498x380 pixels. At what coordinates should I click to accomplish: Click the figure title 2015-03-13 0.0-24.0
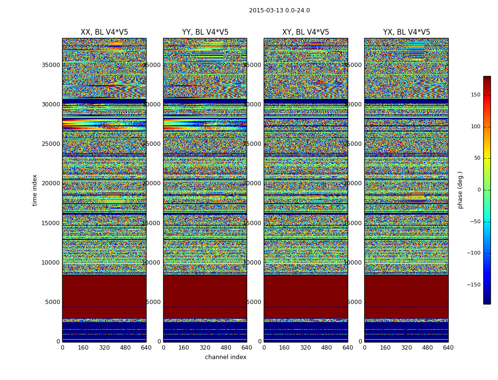pos(279,10)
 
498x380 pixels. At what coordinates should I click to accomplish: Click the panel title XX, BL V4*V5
pos(104,32)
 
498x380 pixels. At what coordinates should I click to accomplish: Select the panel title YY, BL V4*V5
pos(205,32)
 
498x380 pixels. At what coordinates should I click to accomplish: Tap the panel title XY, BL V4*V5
pos(305,32)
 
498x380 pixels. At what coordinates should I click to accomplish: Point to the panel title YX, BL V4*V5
pos(406,32)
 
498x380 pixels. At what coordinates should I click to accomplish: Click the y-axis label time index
pos(35,190)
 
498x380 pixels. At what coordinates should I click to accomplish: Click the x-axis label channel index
pos(225,357)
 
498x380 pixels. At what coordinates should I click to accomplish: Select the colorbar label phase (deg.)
pos(460,190)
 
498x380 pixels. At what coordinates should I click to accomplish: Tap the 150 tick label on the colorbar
pos(475,95)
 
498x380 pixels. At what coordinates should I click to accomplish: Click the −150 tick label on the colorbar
pos(474,285)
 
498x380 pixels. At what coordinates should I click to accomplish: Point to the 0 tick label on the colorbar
pos(479,190)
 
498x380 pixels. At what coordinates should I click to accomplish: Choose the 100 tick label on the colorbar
pos(475,127)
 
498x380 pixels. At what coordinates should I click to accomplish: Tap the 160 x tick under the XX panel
pos(83,348)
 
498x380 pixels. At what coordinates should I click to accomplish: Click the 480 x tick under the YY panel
pos(226,348)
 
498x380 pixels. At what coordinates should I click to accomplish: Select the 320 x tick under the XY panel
pos(305,348)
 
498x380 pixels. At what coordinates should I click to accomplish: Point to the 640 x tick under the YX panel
pos(448,348)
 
